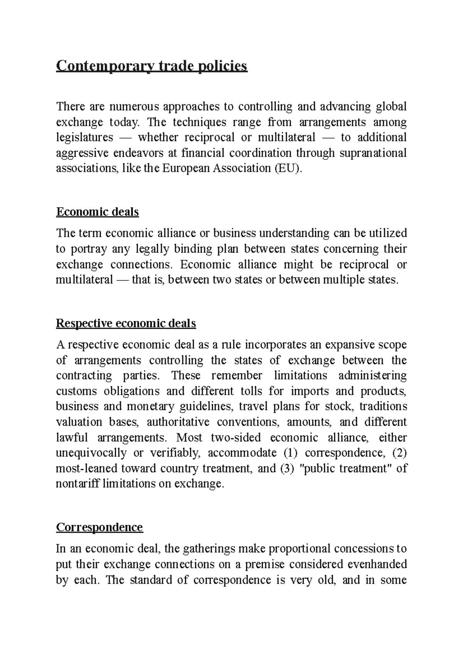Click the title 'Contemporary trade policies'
[151, 66]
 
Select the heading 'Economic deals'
[97, 212]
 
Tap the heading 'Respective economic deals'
[126, 323]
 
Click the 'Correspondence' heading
[99, 527]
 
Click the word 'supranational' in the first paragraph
[373, 153]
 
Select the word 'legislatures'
[84, 138]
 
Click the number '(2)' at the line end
[399, 453]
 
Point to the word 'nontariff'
[78, 484]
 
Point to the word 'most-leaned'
[86, 468]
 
